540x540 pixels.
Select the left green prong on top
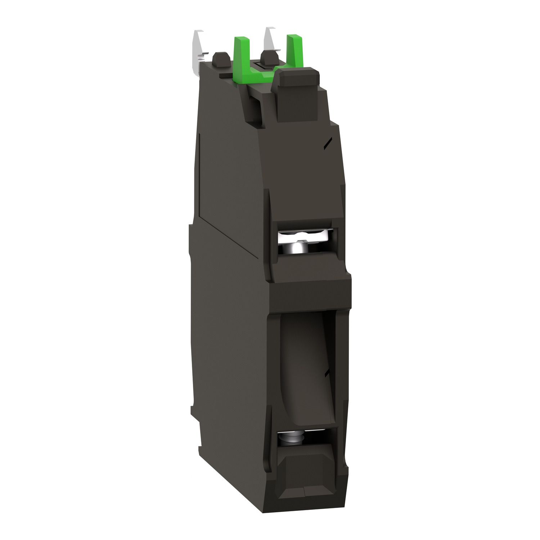click(x=240, y=50)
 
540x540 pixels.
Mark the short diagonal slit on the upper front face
click(x=327, y=144)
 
